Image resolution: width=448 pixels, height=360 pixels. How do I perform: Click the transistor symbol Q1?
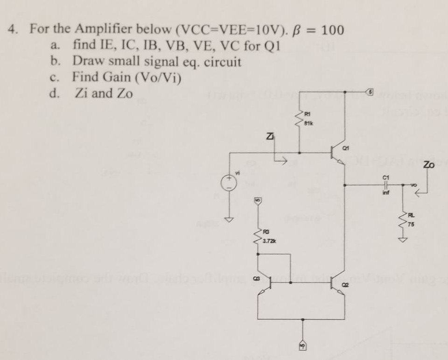(x=337, y=155)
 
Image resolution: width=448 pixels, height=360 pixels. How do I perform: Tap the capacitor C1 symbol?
(x=385, y=185)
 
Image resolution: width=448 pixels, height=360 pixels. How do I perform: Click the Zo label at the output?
(x=429, y=165)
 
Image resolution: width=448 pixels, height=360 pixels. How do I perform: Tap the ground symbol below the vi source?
(x=230, y=219)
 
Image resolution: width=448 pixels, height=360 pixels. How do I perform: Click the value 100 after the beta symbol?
(x=332, y=30)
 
